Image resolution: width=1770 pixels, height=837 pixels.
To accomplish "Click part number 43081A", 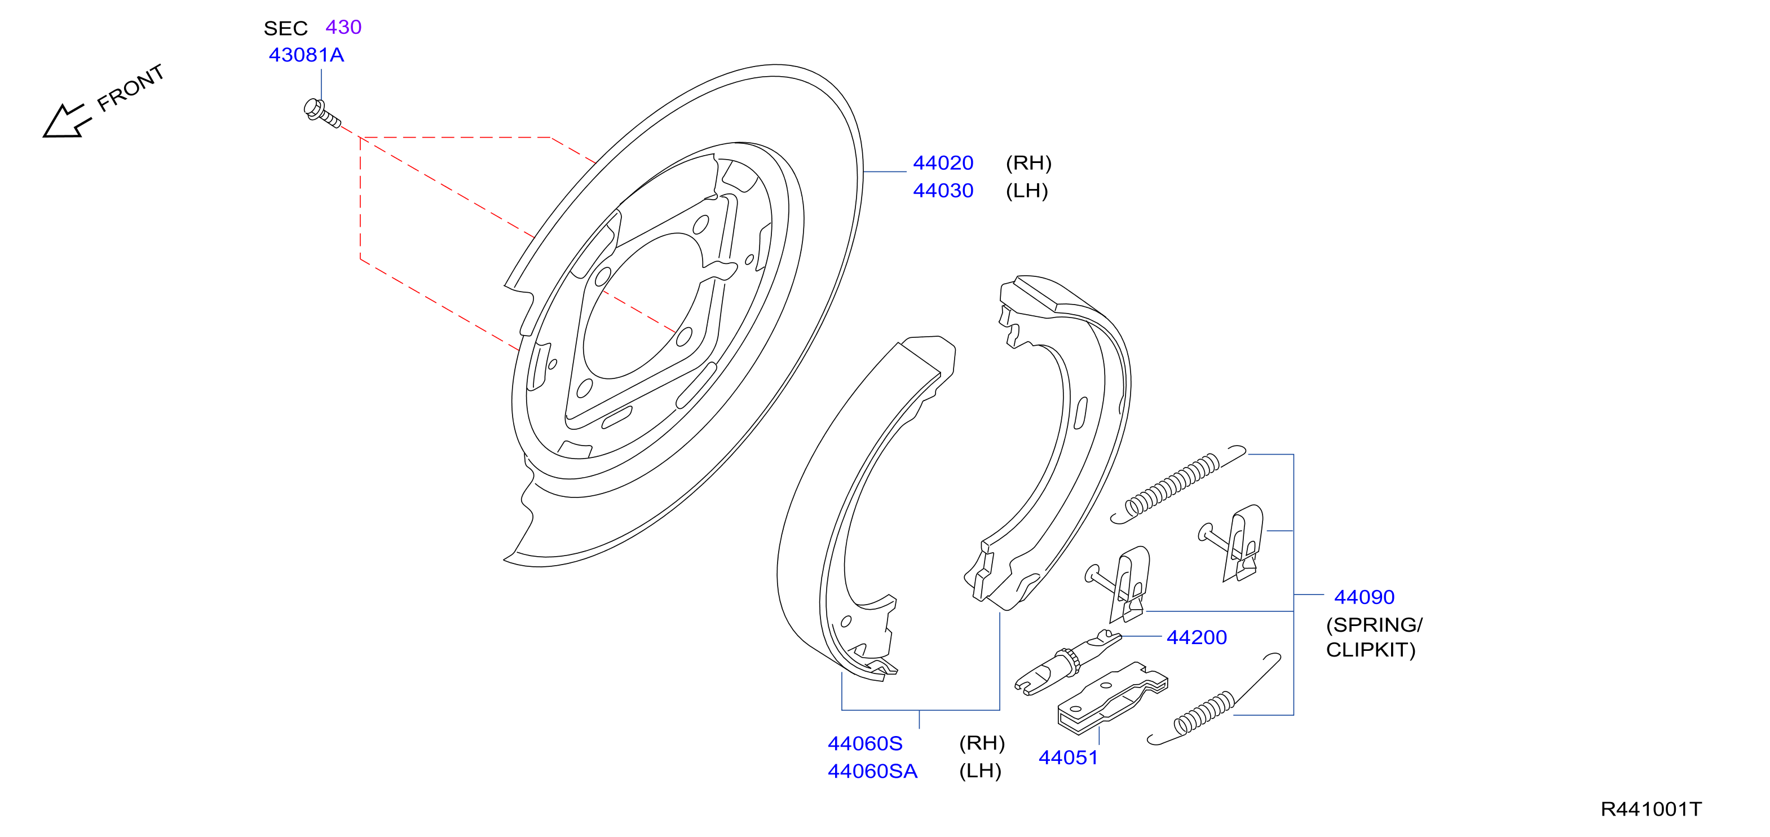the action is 306,55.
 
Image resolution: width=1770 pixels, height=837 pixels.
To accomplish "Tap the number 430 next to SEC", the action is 343,27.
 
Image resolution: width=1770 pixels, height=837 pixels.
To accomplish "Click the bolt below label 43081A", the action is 321,114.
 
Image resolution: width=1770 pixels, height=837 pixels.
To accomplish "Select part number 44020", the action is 943,163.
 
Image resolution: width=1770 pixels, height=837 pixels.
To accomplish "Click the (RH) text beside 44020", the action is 1029,163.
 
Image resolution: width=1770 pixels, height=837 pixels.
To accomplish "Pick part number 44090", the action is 1364,597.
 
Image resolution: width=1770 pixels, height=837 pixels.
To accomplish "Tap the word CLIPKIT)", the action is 1371,650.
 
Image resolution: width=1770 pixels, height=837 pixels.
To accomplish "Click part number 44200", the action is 1197,638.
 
